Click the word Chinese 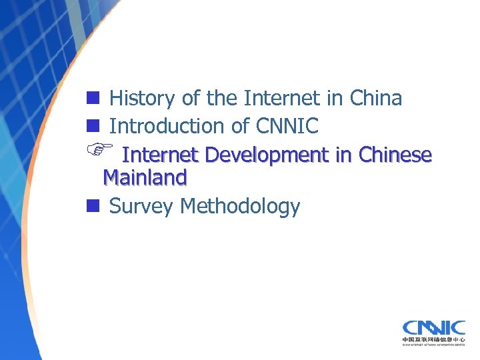395,155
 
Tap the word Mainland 145,178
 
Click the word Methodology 240,207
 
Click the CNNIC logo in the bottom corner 433,327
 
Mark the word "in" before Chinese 344,155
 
